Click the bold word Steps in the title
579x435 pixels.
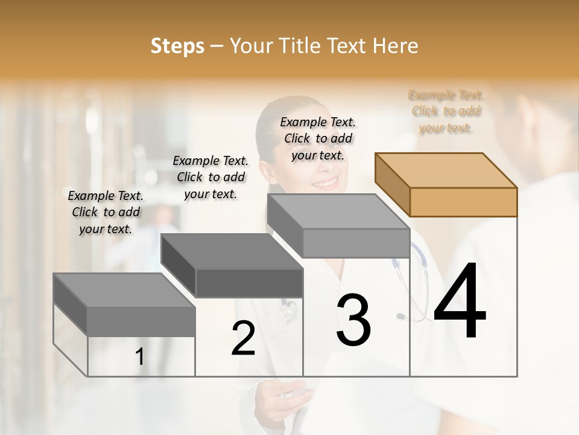(x=177, y=46)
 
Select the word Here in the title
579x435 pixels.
(x=396, y=46)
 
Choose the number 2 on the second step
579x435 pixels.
(x=243, y=338)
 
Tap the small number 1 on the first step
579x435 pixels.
(x=140, y=357)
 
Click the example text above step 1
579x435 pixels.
(x=106, y=212)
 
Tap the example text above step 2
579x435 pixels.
(x=210, y=177)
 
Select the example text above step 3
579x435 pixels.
(x=318, y=138)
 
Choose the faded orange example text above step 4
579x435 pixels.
(x=446, y=111)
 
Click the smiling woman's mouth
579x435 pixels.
(x=326, y=182)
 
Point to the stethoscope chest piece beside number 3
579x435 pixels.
(x=400, y=316)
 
